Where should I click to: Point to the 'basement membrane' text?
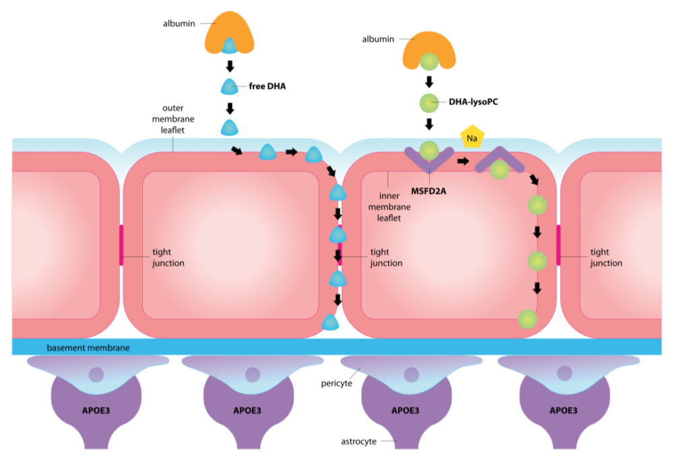pyautogui.click(x=88, y=347)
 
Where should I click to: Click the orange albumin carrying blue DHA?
pyautogui.click(x=230, y=34)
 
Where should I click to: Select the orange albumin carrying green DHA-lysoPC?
pyautogui.click(x=429, y=51)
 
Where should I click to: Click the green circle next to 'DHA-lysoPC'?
pyautogui.click(x=429, y=103)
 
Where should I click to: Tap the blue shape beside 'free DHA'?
pyautogui.click(x=230, y=86)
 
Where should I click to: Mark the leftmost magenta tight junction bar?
pyautogui.click(x=121, y=244)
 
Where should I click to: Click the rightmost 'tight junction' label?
pyautogui.click(x=606, y=258)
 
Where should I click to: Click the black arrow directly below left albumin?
pyautogui.click(x=230, y=66)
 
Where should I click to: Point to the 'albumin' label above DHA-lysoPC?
pyautogui.click(x=378, y=39)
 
